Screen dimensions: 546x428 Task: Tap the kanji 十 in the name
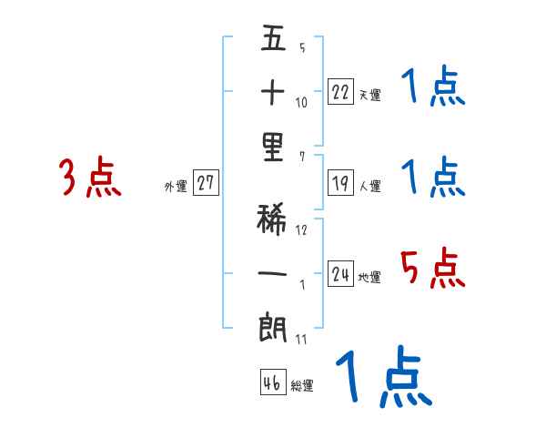click(x=274, y=92)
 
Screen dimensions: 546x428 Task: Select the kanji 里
click(x=274, y=148)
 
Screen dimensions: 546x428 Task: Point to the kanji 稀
click(x=274, y=219)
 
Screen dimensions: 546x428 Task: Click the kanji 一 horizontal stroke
click(x=274, y=271)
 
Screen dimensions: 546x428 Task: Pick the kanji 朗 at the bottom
click(x=274, y=327)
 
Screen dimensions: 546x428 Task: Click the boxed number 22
click(x=340, y=91)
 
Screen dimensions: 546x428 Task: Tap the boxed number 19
click(x=340, y=183)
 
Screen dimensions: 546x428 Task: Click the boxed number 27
click(x=206, y=183)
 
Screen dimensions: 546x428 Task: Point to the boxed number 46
click(x=272, y=382)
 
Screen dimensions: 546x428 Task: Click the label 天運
click(x=369, y=95)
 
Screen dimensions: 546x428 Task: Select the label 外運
click(x=175, y=187)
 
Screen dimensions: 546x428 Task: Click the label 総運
click(x=301, y=386)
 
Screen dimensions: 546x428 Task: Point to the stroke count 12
click(x=301, y=229)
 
